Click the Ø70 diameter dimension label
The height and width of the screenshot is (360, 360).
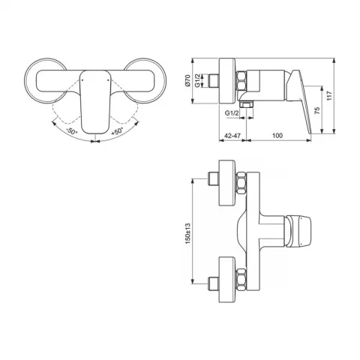tap(188, 81)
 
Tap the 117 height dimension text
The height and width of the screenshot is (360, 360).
tap(329, 96)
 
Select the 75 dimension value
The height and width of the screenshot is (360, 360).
tap(316, 110)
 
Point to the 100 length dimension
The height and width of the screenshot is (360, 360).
tap(277, 136)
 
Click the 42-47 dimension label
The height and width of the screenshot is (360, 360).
tap(232, 136)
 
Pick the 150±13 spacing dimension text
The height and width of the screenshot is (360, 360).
tap(188, 233)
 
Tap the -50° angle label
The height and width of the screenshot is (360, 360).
tap(72, 130)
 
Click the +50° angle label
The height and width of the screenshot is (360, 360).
tap(117, 131)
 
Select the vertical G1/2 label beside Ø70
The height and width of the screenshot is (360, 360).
tap(197, 81)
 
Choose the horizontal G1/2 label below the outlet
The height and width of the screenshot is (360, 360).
tap(232, 113)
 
